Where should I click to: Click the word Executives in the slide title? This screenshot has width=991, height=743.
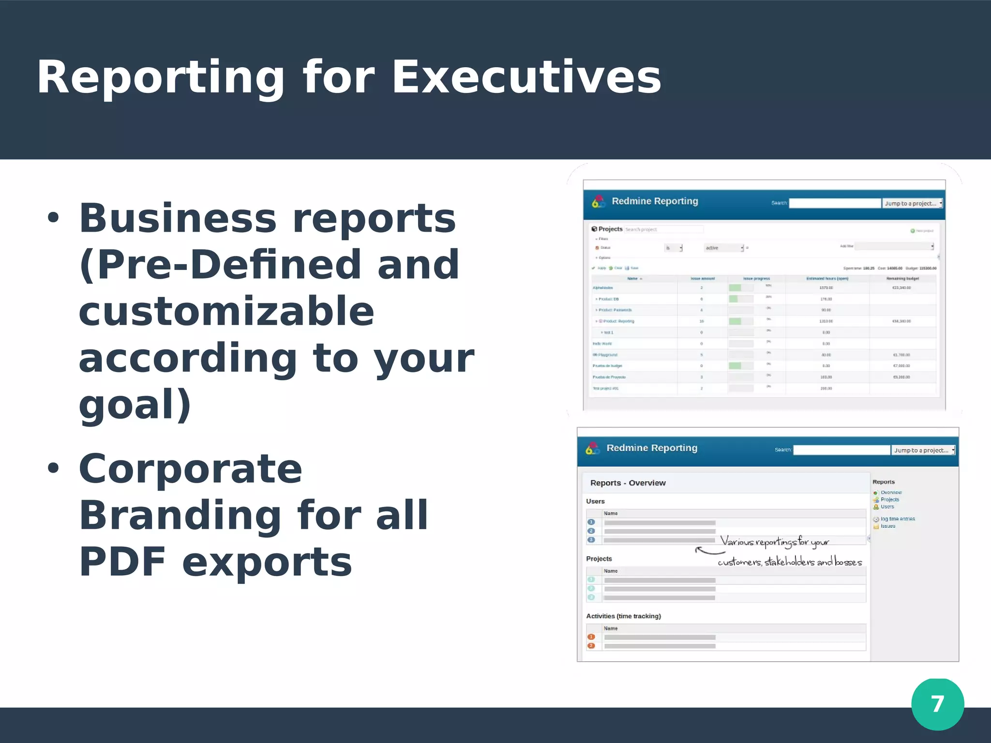(x=526, y=77)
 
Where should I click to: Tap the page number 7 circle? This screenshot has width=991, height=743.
(x=937, y=704)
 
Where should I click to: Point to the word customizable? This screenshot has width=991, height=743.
(x=226, y=311)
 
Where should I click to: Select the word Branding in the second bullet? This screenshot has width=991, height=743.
(x=180, y=515)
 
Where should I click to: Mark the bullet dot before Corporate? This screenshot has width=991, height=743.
(x=53, y=468)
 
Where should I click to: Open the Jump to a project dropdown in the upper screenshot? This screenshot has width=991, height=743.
(x=912, y=204)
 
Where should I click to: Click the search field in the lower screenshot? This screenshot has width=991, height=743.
(x=841, y=450)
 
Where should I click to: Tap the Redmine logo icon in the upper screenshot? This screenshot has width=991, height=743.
(x=599, y=202)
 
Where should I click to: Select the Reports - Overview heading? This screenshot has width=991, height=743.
(x=628, y=483)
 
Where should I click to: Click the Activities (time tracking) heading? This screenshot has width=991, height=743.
(x=623, y=616)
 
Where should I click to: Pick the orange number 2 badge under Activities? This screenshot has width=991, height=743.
(x=591, y=646)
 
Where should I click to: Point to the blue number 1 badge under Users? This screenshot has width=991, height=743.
(x=591, y=522)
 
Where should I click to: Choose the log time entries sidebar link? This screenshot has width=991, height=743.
(x=897, y=519)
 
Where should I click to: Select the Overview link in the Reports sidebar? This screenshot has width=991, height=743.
(x=891, y=492)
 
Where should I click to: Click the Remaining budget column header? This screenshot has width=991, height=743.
(x=902, y=279)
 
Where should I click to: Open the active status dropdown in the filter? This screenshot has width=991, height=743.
(x=724, y=248)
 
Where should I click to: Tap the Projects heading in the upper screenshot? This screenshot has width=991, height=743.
(x=610, y=229)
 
